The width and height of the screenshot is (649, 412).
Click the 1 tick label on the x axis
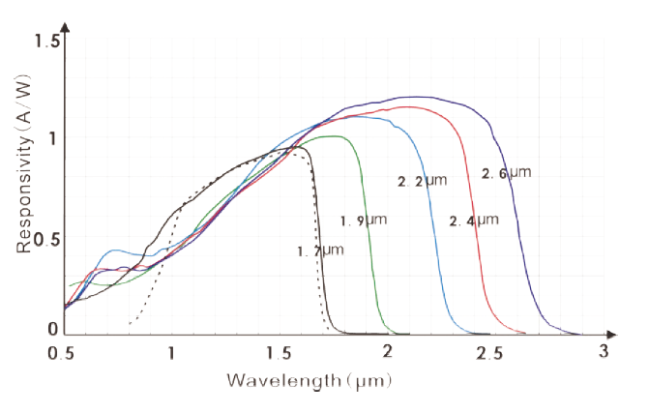click(x=172, y=353)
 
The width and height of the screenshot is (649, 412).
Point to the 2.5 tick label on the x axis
click(x=493, y=353)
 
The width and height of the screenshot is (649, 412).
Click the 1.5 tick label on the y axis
click(x=47, y=42)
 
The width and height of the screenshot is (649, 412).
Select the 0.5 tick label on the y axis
click(x=47, y=236)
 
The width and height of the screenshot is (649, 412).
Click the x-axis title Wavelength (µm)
click(x=310, y=380)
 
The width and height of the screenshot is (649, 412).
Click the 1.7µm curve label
click(x=320, y=251)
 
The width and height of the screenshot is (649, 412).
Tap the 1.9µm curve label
click(x=364, y=221)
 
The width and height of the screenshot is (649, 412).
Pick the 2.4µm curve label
click(x=474, y=221)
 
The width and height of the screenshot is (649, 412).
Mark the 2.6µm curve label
click(x=507, y=173)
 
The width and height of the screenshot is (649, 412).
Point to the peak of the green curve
click(x=335, y=136)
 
